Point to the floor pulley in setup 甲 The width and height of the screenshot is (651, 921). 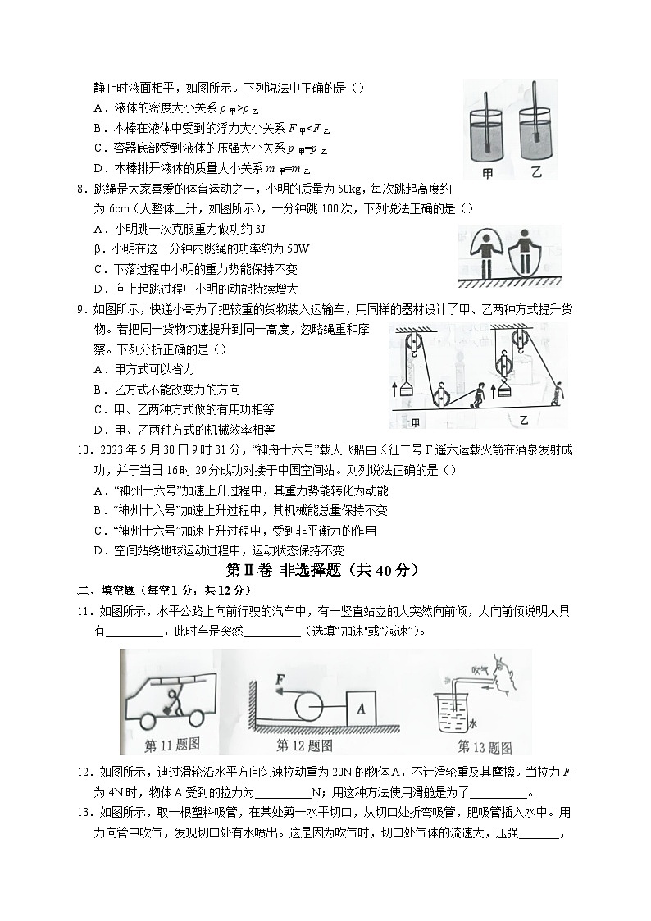click(440, 397)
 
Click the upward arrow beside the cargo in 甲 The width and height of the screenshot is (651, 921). click(394, 389)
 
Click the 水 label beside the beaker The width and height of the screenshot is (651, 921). click(472, 723)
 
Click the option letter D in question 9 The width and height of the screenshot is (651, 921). click(98, 429)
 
